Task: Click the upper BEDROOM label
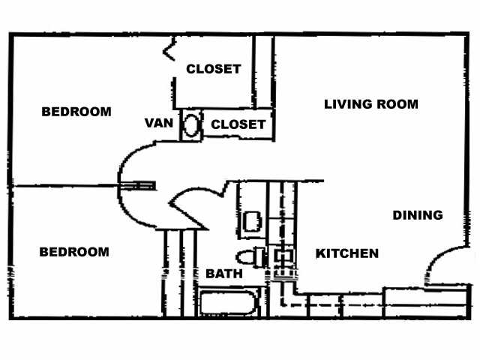point(76,112)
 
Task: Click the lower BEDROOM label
point(73,252)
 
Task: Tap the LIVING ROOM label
point(370,104)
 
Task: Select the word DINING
point(418,215)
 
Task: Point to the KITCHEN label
point(346,253)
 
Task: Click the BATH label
point(224,274)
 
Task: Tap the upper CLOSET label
point(214,69)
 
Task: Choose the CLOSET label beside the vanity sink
point(238,124)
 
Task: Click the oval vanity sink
point(193,124)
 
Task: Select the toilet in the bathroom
point(252,256)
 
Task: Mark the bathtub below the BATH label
point(229,304)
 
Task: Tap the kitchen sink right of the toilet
point(283,256)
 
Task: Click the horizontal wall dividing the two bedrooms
point(64,185)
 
